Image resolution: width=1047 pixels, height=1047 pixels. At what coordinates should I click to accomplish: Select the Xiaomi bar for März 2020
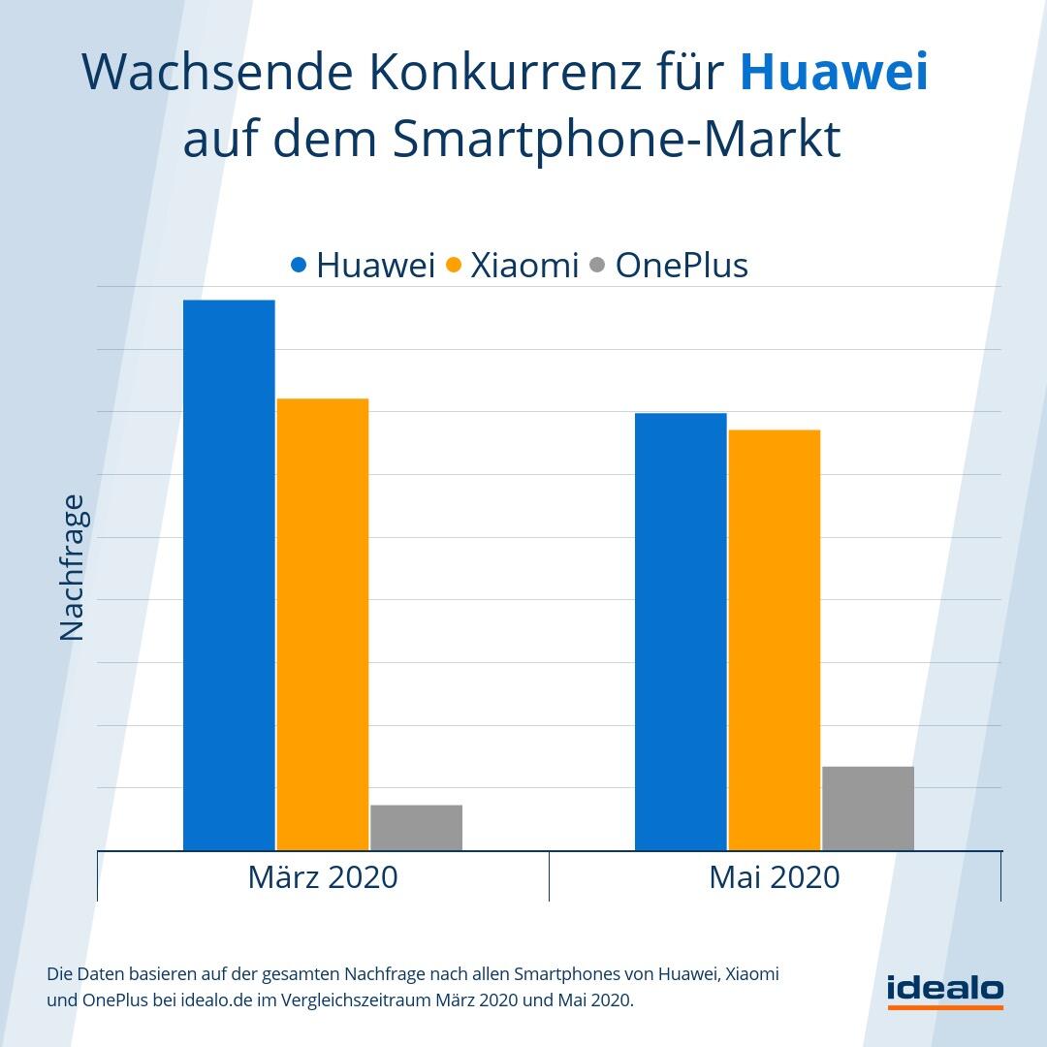click(x=323, y=624)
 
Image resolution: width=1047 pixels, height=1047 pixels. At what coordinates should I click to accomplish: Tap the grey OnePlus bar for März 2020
click(x=416, y=828)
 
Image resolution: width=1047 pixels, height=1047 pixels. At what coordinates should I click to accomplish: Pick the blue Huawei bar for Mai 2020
click(x=681, y=632)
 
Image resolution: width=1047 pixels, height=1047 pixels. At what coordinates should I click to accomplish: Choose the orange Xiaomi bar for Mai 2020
click(x=774, y=640)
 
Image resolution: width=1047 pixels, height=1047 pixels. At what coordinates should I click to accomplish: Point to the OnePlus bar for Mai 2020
click(x=868, y=809)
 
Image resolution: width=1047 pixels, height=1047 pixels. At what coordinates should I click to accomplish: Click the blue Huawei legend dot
click(x=299, y=264)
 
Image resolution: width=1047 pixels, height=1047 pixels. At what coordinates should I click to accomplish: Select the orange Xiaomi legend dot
click(x=453, y=264)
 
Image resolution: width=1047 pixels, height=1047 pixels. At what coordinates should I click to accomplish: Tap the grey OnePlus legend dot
click(x=597, y=264)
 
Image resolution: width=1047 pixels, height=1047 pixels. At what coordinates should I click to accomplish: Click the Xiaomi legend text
click(x=524, y=265)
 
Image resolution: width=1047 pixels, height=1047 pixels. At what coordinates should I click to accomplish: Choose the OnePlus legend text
click(x=682, y=265)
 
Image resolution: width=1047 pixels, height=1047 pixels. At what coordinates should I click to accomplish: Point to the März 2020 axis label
click(x=323, y=876)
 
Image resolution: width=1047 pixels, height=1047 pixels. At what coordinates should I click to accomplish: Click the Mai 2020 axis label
click(x=774, y=876)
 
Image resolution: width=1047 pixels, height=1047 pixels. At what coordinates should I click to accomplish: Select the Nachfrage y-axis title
click(x=73, y=568)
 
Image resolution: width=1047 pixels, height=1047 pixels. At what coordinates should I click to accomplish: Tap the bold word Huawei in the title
click(x=834, y=73)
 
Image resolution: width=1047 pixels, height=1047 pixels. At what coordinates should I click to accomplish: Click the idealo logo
click(x=945, y=990)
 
